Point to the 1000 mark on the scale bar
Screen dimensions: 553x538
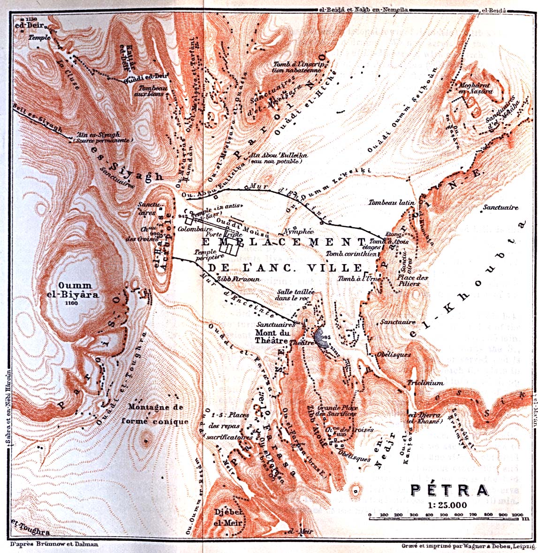[x=516, y=515]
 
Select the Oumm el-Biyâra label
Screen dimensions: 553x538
[x=75, y=290]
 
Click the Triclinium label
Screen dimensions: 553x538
[x=425, y=383]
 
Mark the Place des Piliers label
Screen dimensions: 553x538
[x=413, y=280]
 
